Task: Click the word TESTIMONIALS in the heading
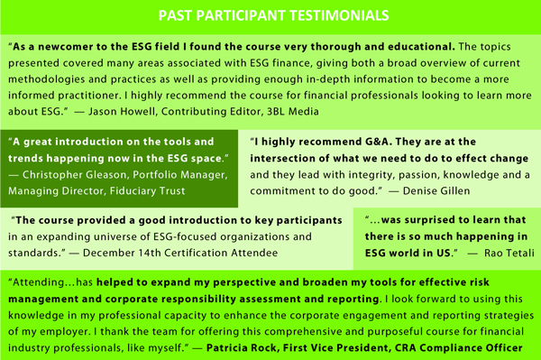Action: (x=339, y=15)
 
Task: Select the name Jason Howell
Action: (x=122, y=112)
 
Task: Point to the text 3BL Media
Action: (x=292, y=112)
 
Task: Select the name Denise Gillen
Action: (x=436, y=191)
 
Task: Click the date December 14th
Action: (x=122, y=253)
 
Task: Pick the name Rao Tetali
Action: (x=509, y=253)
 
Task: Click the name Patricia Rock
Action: (x=242, y=347)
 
